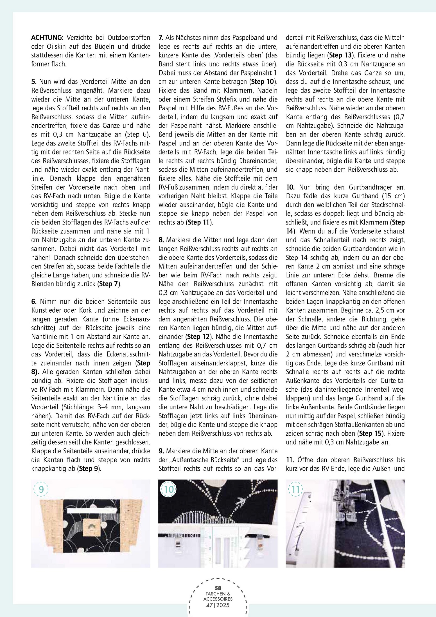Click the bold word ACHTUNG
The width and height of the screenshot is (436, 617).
[x=47, y=38]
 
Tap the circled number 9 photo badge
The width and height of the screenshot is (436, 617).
[x=41, y=490]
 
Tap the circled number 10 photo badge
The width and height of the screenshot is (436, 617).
[x=169, y=490]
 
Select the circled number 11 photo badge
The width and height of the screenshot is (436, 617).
[x=296, y=490]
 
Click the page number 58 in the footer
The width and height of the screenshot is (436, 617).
[x=218, y=588]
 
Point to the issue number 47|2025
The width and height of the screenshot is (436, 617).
[x=218, y=605]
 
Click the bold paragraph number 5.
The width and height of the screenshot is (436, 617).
[x=34, y=82]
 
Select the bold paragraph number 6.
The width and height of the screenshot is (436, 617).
[x=34, y=302]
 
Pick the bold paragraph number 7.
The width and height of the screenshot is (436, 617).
[x=161, y=38]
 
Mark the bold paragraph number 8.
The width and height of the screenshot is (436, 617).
[x=161, y=240]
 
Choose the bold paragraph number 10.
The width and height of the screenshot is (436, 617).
[x=290, y=187]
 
